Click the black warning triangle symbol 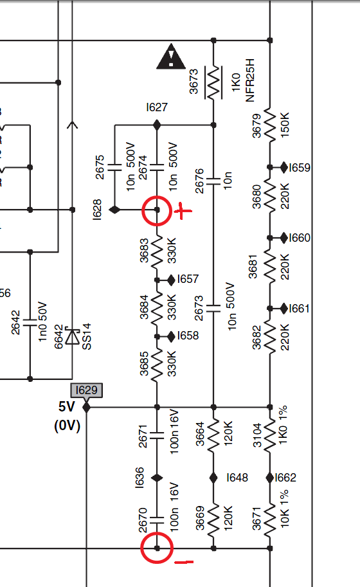171,57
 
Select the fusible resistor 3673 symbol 213,82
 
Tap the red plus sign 183,211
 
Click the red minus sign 184,562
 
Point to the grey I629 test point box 86,390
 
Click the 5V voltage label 67,406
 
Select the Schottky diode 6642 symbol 72,336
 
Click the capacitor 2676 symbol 213,181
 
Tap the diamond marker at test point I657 171,280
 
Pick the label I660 300,238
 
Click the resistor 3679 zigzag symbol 270,125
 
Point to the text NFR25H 249,80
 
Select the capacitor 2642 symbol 30,323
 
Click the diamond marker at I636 157,478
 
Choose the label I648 237,478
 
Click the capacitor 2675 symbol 114,167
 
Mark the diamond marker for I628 114,210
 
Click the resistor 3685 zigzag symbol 157,365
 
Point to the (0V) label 67,426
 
